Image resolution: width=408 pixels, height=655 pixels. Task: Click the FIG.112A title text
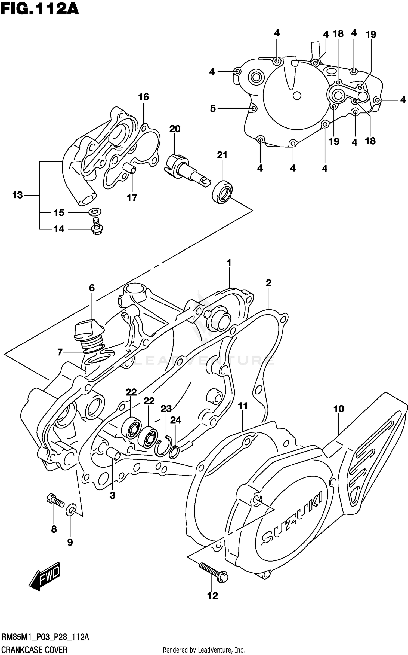[x=40, y=9]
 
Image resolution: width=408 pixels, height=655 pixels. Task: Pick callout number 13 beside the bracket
[x=18, y=195]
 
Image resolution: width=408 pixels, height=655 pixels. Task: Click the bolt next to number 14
[x=97, y=227]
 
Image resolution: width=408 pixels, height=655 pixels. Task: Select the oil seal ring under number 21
[x=222, y=192]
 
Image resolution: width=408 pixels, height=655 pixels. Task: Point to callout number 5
[x=213, y=109]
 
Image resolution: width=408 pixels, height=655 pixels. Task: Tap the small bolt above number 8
[x=55, y=500]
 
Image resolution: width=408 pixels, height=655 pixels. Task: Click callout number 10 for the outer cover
[x=339, y=409]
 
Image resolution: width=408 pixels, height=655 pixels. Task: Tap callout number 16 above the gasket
[x=144, y=97]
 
